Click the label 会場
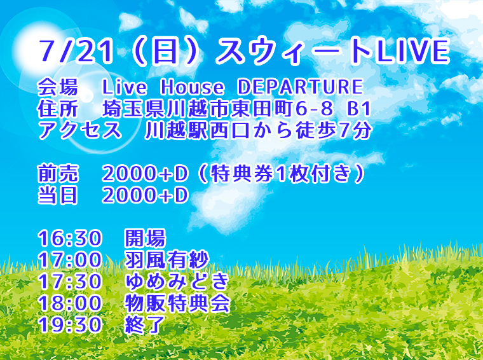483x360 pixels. point(57,87)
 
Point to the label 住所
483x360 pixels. point(57,109)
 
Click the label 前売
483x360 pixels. point(57,174)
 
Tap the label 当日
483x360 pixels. point(57,196)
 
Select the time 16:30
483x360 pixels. point(70,239)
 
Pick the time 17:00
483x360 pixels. point(70,261)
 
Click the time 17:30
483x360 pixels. point(70,282)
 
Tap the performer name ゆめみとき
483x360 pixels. point(177,282)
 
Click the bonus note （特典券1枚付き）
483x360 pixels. point(280,174)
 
